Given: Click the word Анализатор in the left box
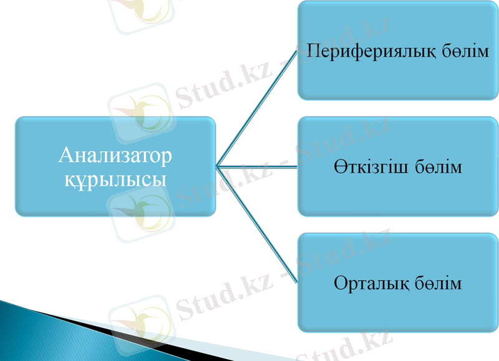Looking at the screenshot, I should click(x=115, y=156).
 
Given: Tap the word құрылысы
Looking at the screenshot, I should click(x=115, y=179).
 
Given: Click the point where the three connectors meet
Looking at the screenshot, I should click(x=216, y=166).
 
